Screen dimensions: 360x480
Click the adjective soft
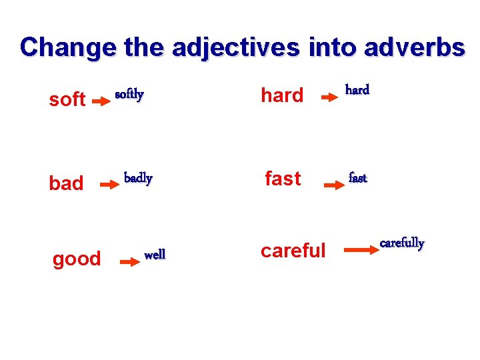click(67, 100)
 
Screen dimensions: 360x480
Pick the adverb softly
click(129, 95)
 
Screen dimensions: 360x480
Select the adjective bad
click(66, 183)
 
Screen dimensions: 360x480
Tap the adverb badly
click(139, 179)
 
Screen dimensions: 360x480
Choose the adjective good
click(77, 259)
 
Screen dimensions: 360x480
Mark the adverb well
click(155, 254)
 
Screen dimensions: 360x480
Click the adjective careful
click(293, 251)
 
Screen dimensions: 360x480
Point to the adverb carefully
click(402, 243)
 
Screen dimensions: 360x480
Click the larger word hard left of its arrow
click(282, 96)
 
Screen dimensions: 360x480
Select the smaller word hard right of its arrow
click(357, 89)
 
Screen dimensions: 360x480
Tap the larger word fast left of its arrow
click(283, 179)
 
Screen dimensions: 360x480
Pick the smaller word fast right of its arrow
click(358, 179)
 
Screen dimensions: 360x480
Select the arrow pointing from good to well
click(129, 263)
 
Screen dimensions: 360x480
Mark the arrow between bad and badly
click(109, 186)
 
